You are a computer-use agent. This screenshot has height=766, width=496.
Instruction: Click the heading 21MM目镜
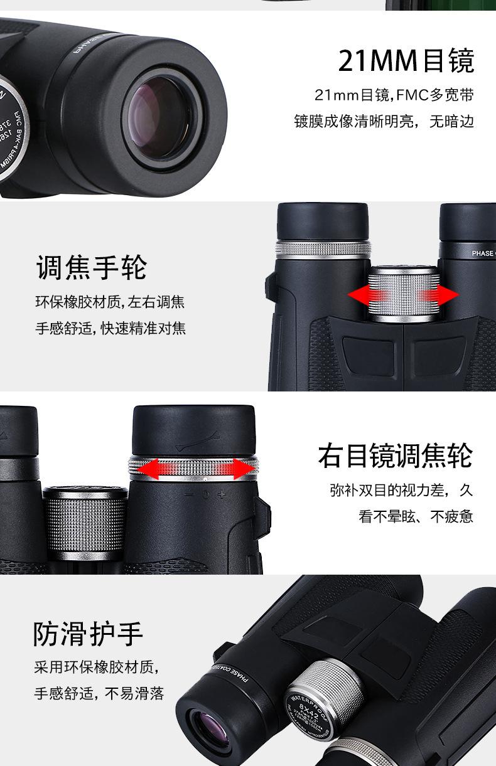tap(406, 60)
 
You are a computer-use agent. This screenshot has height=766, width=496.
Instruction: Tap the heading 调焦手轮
tap(92, 268)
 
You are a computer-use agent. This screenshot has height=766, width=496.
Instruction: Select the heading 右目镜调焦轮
tap(395, 455)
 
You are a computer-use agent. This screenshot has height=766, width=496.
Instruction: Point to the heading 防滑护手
tap(89, 634)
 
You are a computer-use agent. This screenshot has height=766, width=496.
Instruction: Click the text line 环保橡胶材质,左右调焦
tap(110, 303)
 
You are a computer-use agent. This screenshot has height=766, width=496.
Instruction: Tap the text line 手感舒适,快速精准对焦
tap(111, 328)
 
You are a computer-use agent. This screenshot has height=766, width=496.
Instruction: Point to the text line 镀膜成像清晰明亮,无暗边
tap(384, 121)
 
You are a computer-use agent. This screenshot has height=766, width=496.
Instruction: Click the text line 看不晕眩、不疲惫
tap(416, 516)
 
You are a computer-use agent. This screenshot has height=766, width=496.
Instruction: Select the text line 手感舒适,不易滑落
tap(99, 693)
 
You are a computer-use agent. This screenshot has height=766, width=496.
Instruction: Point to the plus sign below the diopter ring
tap(221, 494)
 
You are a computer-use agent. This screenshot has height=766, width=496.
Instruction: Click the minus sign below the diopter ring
tap(189, 494)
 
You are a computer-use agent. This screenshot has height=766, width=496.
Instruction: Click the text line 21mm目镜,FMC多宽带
tap(394, 95)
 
